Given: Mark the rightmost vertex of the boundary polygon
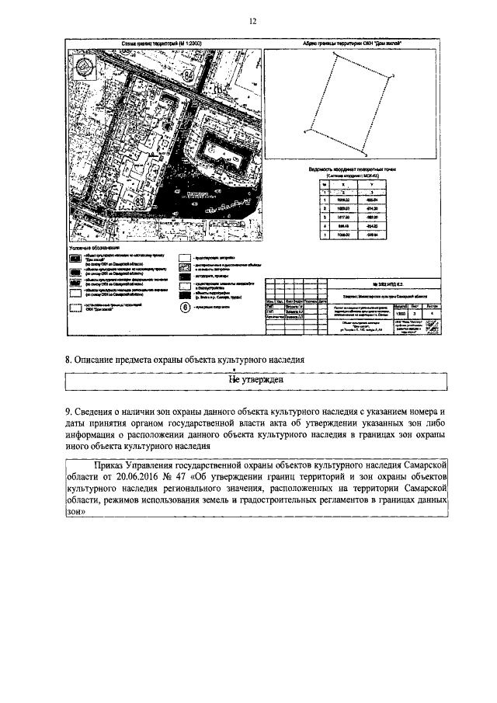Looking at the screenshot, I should click(392, 75).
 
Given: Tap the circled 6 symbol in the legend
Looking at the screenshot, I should click(185, 306).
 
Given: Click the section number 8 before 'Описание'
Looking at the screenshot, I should click(67, 359).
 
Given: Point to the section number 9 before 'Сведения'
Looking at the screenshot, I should click(67, 411).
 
